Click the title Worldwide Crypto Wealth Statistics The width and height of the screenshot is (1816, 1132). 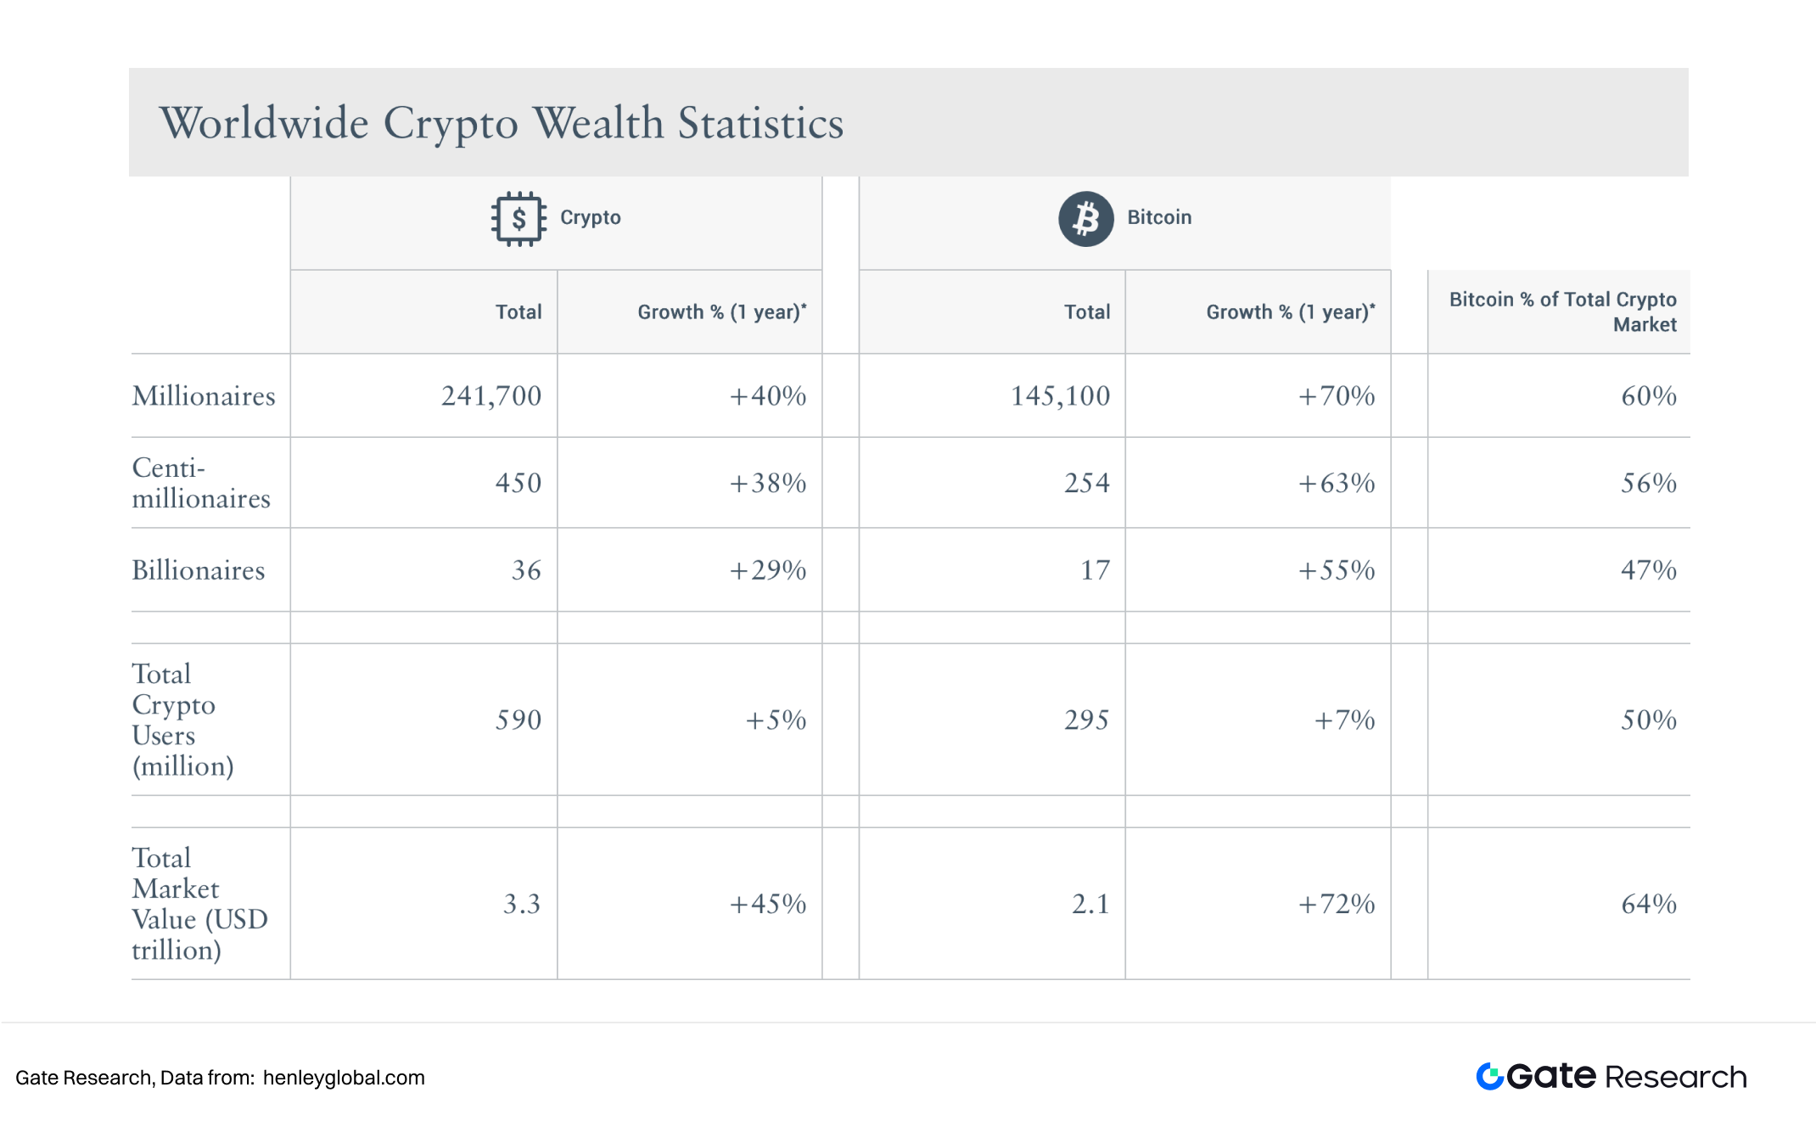(501, 123)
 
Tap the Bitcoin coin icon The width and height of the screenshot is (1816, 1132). (1085, 219)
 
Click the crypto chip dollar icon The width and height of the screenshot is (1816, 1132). (518, 219)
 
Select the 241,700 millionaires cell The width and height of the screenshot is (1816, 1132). (490, 396)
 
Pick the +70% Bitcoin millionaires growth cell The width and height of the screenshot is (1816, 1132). (1336, 396)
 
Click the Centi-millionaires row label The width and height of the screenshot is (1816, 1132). (201, 483)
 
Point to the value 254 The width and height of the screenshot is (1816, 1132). (1086, 484)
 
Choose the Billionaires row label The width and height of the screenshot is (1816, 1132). (199, 570)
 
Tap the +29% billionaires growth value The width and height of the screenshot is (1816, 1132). (767, 570)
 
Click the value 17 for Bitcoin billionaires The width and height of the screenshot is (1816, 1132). (1095, 570)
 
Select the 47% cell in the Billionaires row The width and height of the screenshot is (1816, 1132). (1648, 570)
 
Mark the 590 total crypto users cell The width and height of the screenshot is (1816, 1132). (518, 720)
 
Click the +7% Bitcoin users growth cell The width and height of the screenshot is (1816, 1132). (1344, 720)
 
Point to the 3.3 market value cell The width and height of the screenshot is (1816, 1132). (521, 905)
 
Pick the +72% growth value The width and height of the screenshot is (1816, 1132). (1336, 905)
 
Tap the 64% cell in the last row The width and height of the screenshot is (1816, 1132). (1648, 905)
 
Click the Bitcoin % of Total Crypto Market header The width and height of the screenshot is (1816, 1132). (1562, 312)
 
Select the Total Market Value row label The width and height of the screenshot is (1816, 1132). (199, 904)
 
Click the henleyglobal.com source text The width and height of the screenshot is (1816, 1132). (344, 1079)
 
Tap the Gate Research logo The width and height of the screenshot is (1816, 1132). (1611, 1077)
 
